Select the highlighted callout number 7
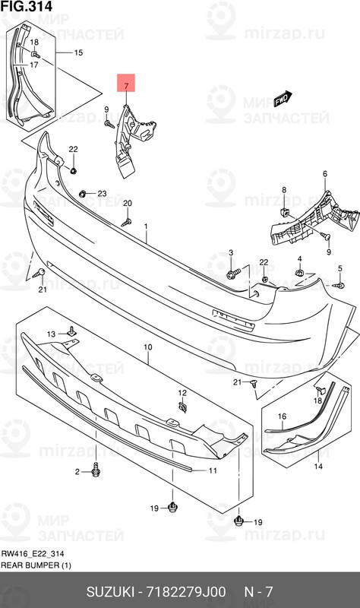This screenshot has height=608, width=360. [127, 85]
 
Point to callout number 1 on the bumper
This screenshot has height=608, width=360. [147, 205]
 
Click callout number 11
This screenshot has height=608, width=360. [213, 471]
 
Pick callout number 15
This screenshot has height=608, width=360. [77, 52]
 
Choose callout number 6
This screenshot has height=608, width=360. [324, 174]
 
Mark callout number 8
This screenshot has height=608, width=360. [283, 189]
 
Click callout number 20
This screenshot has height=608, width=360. [128, 203]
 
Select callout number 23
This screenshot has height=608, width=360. [102, 194]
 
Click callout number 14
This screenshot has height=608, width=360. [318, 466]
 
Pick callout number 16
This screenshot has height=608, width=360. [281, 416]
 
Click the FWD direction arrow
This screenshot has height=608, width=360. [282, 98]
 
